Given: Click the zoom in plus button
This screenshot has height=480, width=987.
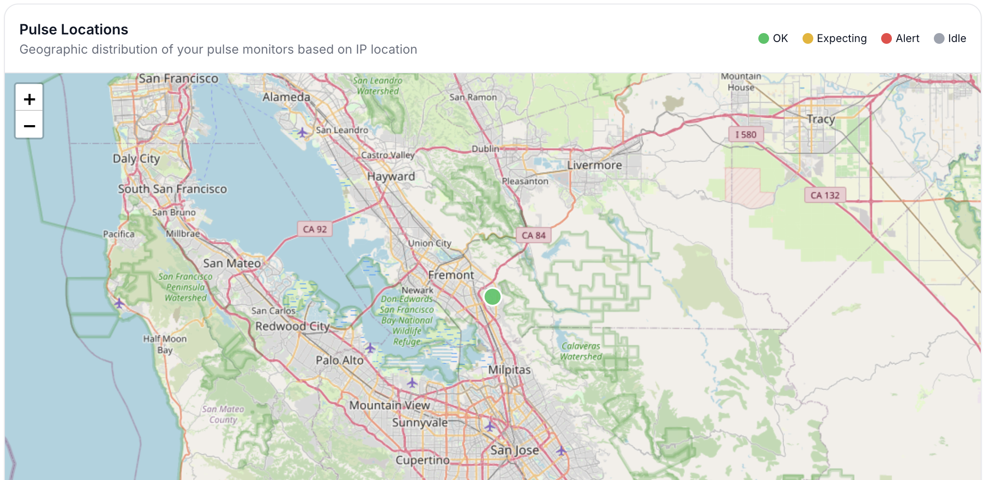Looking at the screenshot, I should click(29, 99).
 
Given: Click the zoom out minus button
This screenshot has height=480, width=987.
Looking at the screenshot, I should click(29, 126).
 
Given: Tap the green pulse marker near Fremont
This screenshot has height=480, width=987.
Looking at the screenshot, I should click(493, 297).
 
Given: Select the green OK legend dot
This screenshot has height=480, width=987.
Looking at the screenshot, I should click(763, 38).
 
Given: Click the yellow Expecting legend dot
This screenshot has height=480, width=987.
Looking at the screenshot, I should click(807, 38).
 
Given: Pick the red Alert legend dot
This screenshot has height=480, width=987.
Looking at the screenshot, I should click(886, 38).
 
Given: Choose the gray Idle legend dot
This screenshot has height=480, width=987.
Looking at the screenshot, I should click(939, 38).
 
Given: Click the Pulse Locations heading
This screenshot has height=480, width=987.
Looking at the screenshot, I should click(74, 29).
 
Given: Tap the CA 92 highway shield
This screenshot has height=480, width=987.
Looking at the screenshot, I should click(315, 229).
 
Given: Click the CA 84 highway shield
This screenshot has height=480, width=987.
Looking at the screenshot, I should click(533, 235).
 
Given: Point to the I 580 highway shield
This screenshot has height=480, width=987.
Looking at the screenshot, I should click(745, 135).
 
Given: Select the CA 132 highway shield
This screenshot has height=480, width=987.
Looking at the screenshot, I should click(825, 195).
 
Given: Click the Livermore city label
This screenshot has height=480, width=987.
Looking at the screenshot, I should click(594, 165).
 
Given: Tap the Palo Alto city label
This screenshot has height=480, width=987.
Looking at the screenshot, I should click(339, 360).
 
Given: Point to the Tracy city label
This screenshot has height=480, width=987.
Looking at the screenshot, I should click(820, 119).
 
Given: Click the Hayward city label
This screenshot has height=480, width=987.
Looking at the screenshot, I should click(391, 177).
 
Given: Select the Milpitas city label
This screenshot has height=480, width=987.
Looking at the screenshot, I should click(509, 370).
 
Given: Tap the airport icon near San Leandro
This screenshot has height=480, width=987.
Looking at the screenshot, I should click(302, 132).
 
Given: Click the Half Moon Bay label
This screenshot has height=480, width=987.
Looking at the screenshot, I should click(165, 344).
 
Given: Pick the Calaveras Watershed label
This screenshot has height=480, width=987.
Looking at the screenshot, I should click(581, 351).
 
